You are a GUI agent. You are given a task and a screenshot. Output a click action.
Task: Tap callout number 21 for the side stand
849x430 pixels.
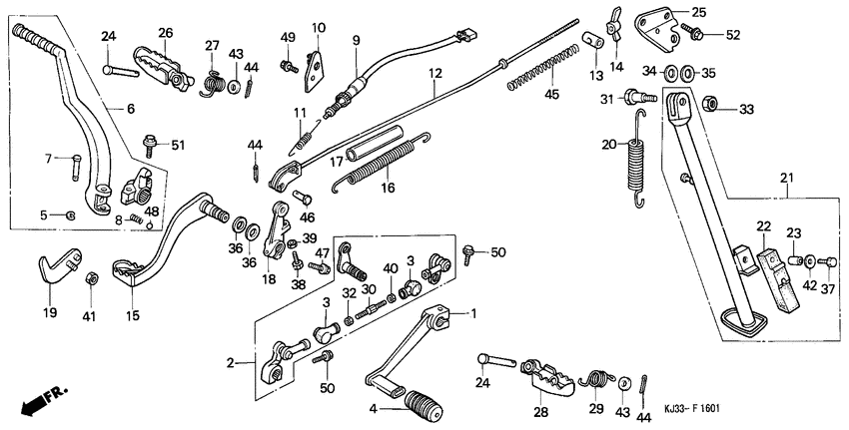point(786,179)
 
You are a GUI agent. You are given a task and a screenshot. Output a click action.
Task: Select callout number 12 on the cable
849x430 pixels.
point(434,73)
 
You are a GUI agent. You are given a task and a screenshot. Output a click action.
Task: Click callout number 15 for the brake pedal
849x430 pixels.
point(133,316)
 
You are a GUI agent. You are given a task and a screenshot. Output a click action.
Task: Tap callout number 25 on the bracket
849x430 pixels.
point(697,12)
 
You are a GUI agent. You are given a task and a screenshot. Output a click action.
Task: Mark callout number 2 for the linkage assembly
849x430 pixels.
point(231,363)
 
